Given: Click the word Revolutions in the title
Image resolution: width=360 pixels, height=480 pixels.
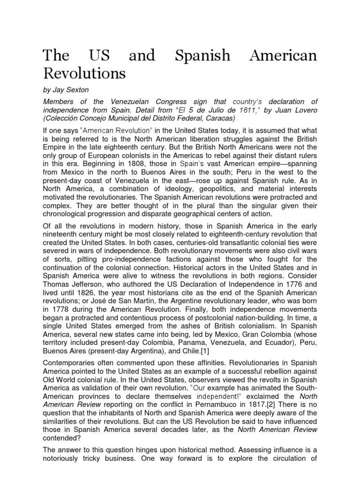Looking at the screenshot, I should pyautogui.click(x=84, y=73).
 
